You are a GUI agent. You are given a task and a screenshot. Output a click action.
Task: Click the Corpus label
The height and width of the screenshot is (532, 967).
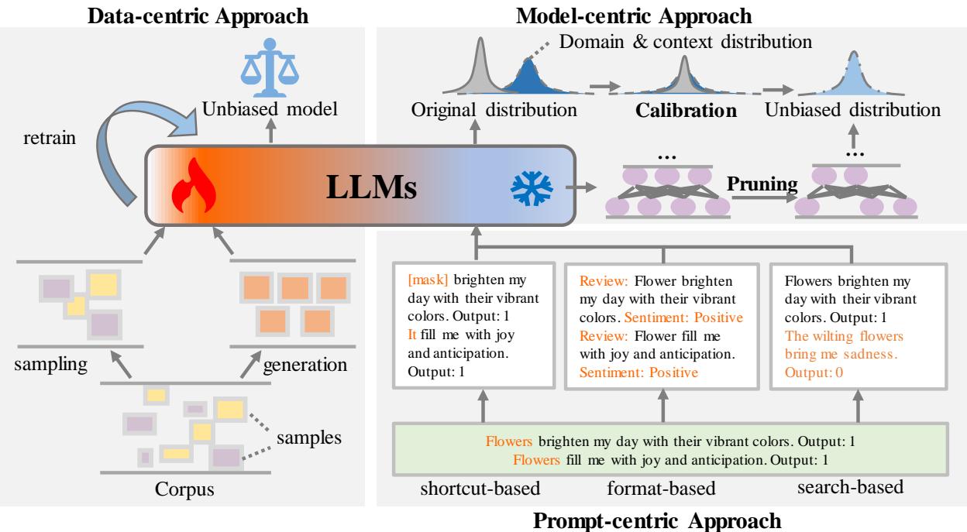tap(184, 490)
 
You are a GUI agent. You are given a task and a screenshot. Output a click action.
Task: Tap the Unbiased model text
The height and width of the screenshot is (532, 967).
tap(272, 111)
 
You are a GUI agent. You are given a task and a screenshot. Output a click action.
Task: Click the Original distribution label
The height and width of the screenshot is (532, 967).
tap(495, 111)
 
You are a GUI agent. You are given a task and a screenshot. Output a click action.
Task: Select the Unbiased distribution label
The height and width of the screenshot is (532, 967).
tap(852, 111)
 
